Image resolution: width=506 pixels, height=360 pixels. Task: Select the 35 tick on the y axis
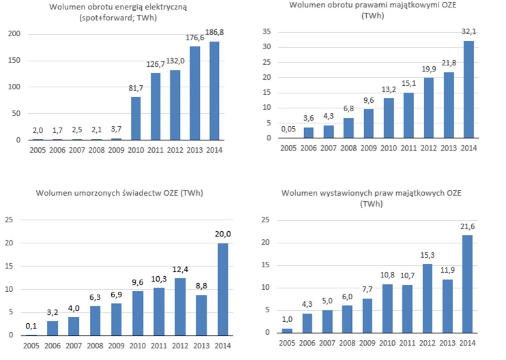267,31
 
